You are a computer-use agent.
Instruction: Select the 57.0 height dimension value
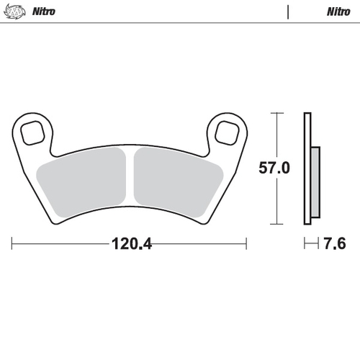pos(274,168)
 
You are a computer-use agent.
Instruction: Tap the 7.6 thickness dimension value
pos(334,244)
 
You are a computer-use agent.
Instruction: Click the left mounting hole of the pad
pos(33,132)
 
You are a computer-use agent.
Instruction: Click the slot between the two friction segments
pos(130,176)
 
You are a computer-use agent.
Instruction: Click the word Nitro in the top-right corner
pos(337,12)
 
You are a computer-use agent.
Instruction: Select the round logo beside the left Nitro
pos(17,12)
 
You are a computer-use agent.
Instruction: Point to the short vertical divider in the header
pos(287,12)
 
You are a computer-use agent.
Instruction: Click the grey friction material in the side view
pos(315,184)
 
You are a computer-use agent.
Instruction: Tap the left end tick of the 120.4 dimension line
pos(12,244)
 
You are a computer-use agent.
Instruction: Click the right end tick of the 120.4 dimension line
pos(246,244)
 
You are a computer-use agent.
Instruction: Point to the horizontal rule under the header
pos(180,23)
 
